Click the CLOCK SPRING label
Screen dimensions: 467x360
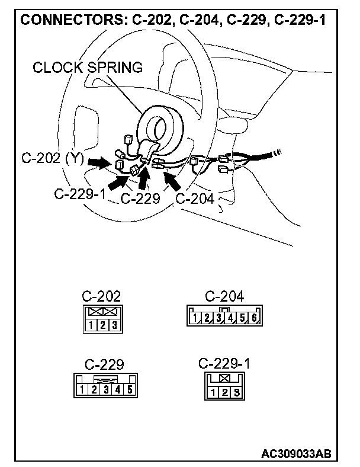(x=88, y=68)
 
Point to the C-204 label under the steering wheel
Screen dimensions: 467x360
(x=196, y=199)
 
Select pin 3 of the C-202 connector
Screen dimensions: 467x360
(x=112, y=325)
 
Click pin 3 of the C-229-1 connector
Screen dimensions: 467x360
(x=236, y=392)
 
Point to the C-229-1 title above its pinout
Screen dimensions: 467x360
(x=224, y=363)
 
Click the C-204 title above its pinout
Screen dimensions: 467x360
(x=224, y=296)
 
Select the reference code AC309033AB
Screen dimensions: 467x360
(x=295, y=454)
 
